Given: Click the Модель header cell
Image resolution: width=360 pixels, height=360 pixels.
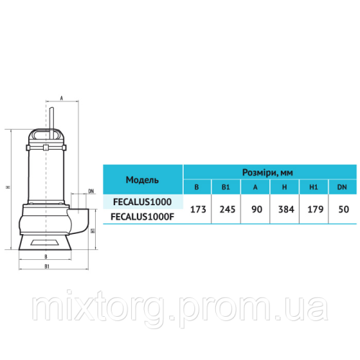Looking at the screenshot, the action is pyautogui.click(x=143, y=180).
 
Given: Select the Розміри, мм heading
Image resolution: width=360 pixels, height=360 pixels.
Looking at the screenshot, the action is pyautogui.click(x=267, y=173).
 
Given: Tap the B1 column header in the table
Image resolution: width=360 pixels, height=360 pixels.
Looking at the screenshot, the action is pyautogui.click(x=226, y=187).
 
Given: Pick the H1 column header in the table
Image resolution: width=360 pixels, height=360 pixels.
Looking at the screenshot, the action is pyautogui.click(x=313, y=187).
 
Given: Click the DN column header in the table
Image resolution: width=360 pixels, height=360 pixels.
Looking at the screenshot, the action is pyautogui.click(x=342, y=187).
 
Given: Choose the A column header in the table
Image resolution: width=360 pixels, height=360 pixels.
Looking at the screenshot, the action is pyautogui.click(x=255, y=187).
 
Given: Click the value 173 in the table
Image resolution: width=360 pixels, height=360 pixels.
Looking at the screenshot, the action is pyautogui.click(x=198, y=210).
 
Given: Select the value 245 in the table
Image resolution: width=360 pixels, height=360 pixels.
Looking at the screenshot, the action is pyautogui.click(x=228, y=210).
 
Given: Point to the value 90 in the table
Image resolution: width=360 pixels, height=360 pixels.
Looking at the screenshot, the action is pyautogui.click(x=256, y=210).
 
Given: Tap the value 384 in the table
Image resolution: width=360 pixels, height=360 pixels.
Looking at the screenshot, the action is pyautogui.click(x=286, y=210).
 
